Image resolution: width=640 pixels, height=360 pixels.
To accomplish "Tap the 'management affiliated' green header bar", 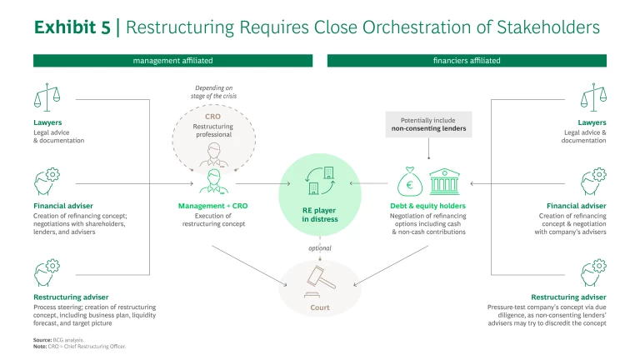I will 172,61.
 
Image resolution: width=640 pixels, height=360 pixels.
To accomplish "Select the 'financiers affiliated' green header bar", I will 467,61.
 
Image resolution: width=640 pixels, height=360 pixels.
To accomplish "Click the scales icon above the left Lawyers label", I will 47,98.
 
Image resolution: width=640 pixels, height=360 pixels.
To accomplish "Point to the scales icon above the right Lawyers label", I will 592,98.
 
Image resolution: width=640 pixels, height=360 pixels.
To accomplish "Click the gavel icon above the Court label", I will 319,277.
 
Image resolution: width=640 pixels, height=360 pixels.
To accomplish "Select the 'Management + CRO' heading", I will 212,205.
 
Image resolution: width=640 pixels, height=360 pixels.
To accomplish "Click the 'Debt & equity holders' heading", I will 427,205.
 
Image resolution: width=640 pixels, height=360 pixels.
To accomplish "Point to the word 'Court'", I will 319,307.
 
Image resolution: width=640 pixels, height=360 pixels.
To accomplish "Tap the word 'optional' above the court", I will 319,247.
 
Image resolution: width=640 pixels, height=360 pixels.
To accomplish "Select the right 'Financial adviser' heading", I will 576,205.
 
